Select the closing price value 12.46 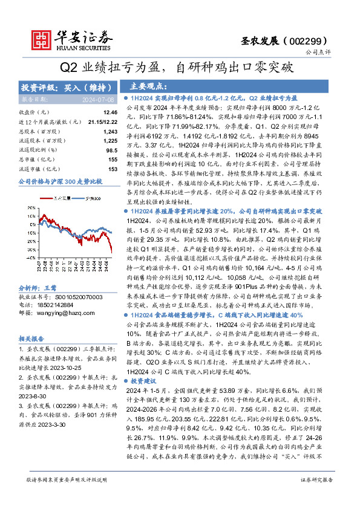click(x=110, y=112)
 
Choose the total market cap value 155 click(x=112, y=159)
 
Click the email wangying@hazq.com click(x=60, y=296)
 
